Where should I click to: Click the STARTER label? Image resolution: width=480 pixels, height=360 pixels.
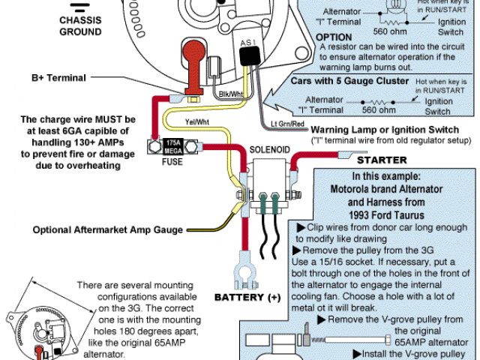coord(381,160)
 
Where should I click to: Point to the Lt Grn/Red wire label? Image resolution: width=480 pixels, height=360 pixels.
coord(287,121)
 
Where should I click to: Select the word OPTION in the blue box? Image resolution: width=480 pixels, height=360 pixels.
coord(334,36)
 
